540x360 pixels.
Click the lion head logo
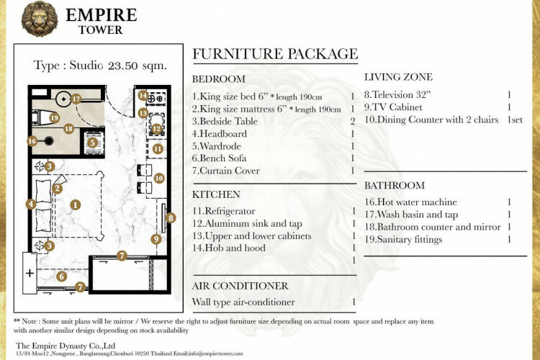40,19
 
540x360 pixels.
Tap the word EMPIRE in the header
102,15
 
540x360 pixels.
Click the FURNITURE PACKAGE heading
275,54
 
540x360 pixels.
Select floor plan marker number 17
76,99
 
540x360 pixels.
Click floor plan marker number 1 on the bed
76,205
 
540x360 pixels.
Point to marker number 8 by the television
171,217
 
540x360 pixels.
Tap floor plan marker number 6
62,276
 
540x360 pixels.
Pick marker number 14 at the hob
143,96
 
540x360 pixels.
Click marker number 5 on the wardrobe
92,143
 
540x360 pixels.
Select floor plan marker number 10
159,178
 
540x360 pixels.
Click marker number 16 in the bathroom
32,141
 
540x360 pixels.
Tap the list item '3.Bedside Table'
225,121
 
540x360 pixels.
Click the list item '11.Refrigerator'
223,211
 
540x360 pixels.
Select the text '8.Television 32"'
397,95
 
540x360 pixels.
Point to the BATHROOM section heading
395,185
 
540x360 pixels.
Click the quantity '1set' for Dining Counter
515,120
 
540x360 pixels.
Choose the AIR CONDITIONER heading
240,286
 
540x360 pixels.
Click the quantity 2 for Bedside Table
352,121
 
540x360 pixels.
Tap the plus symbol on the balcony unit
30,273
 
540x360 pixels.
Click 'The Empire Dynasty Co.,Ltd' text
66,346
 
